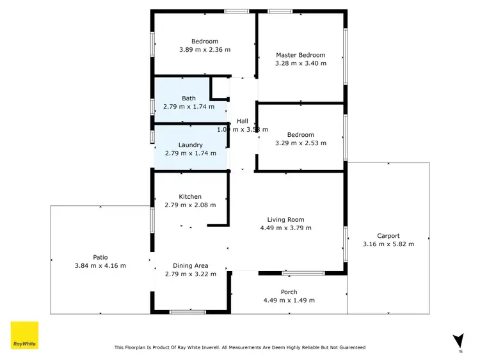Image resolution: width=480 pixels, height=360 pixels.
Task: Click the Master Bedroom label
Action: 300,55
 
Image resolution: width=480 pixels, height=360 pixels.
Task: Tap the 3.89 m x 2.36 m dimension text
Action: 204,49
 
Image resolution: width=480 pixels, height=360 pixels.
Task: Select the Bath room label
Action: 189,98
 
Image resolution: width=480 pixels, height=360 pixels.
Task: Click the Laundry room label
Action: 191,145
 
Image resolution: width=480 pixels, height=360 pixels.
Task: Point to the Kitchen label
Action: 190,196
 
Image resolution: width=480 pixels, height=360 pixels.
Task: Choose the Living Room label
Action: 285,219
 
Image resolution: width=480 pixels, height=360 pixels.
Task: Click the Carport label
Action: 388,235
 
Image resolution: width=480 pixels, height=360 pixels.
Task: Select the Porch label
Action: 289,292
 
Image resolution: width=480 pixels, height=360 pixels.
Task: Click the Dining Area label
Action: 191,265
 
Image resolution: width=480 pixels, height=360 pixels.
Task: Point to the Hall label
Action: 242,121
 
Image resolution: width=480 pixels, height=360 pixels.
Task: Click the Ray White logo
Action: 24,335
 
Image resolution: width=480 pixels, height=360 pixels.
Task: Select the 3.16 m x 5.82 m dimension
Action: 388,244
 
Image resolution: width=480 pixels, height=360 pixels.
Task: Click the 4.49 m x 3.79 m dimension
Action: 285,228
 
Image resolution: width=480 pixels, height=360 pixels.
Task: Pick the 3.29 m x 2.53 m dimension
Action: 300,143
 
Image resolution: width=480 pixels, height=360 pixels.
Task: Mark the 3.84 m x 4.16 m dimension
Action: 100,265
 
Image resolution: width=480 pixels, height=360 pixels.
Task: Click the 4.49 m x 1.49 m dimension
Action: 289,300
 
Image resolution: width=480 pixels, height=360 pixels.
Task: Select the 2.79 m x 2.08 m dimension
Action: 190,205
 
